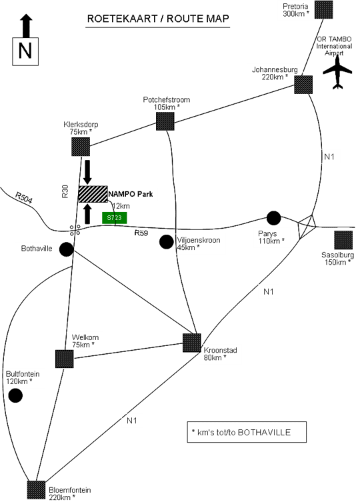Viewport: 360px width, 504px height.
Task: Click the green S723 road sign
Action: (114, 217)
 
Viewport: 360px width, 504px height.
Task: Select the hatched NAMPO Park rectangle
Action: (93, 194)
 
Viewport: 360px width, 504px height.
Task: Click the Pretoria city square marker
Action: (323, 9)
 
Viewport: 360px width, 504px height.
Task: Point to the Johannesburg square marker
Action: (303, 85)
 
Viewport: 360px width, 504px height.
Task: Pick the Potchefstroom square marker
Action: (165, 121)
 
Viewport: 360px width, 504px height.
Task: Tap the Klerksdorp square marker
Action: (81, 147)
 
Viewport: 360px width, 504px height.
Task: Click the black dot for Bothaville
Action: (67, 249)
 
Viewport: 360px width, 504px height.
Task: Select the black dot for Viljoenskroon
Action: (167, 242)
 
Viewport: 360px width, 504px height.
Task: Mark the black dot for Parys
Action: (273, 218)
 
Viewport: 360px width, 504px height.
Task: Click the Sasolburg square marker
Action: (343, 240)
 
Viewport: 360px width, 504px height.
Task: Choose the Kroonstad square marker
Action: (192, 343)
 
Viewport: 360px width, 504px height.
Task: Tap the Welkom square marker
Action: (64, 359)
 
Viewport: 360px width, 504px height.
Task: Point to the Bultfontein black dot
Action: (15, 395)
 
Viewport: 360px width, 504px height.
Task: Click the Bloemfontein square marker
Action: (36, 490)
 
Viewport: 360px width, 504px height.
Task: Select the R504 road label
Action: (24, 198)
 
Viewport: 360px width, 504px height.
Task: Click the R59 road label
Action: (141, 233)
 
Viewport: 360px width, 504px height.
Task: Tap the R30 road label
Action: (65, 191)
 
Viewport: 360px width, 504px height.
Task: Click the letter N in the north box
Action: (25, 51)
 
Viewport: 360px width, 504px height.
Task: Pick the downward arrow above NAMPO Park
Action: (87, 171)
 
